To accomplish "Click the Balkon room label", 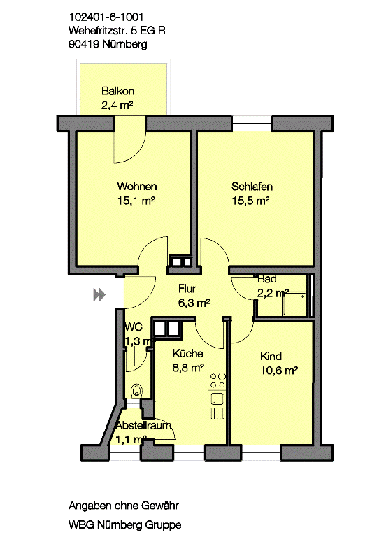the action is (117, 91).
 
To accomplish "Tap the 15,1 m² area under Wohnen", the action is (136, 201).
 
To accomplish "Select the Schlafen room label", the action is (252, 187).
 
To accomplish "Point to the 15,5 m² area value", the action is (250, 201).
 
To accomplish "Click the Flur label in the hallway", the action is (187, 289).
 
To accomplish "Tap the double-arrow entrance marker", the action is (99, 294).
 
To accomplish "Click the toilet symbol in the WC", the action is (136, 390).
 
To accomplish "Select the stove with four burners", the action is (217, 381).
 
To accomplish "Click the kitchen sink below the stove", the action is (217, 399).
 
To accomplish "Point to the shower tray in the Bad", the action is (294, 303).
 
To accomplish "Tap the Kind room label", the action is (271, 356).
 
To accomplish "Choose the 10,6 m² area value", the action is (279, 371).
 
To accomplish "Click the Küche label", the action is (187, 353).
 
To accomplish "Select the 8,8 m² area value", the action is (188, 368).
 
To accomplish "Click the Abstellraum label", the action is (143, 426).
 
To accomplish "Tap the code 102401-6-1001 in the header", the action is (106, 17).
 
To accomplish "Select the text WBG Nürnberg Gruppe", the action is (125, 524).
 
